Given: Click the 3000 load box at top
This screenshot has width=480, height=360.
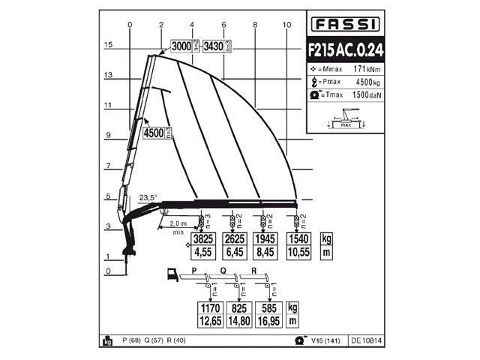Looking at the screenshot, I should point(181,46).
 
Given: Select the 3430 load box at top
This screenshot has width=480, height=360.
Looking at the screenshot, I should point(214,46).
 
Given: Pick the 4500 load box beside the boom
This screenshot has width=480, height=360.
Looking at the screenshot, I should point(153,133).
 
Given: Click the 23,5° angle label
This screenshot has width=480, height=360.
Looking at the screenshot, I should point(148,198).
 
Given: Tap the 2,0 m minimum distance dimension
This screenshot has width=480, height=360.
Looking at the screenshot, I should point(178,224).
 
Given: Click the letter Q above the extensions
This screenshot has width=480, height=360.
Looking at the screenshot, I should point(223,270).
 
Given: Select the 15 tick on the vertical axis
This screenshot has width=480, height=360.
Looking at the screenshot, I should point(108,45).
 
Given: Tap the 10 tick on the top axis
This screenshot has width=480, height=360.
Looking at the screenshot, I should point(286,25).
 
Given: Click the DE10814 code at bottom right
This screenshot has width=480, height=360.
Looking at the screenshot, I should point(366,340).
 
